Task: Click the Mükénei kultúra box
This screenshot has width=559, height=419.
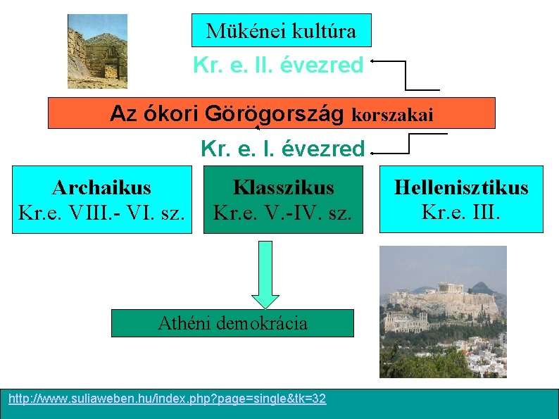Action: [281, 30]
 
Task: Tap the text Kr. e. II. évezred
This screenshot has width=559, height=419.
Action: [278, 65]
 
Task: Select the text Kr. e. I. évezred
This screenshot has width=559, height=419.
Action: [282, 149]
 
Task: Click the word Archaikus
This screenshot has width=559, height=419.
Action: [101, 187]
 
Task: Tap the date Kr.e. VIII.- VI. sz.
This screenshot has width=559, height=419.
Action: [101, 211]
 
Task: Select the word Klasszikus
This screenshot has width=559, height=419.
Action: [283, 188]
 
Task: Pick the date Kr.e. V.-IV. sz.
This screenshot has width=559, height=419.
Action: [282, 211]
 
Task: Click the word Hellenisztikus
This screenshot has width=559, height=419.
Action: [461, 187]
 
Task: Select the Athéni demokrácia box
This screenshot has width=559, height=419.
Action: [232, 323]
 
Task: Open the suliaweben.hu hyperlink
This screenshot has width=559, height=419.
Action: [167, 399]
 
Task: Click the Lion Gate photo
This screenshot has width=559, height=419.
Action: [97, 51]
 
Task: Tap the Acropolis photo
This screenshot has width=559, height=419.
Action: [443, 311]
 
